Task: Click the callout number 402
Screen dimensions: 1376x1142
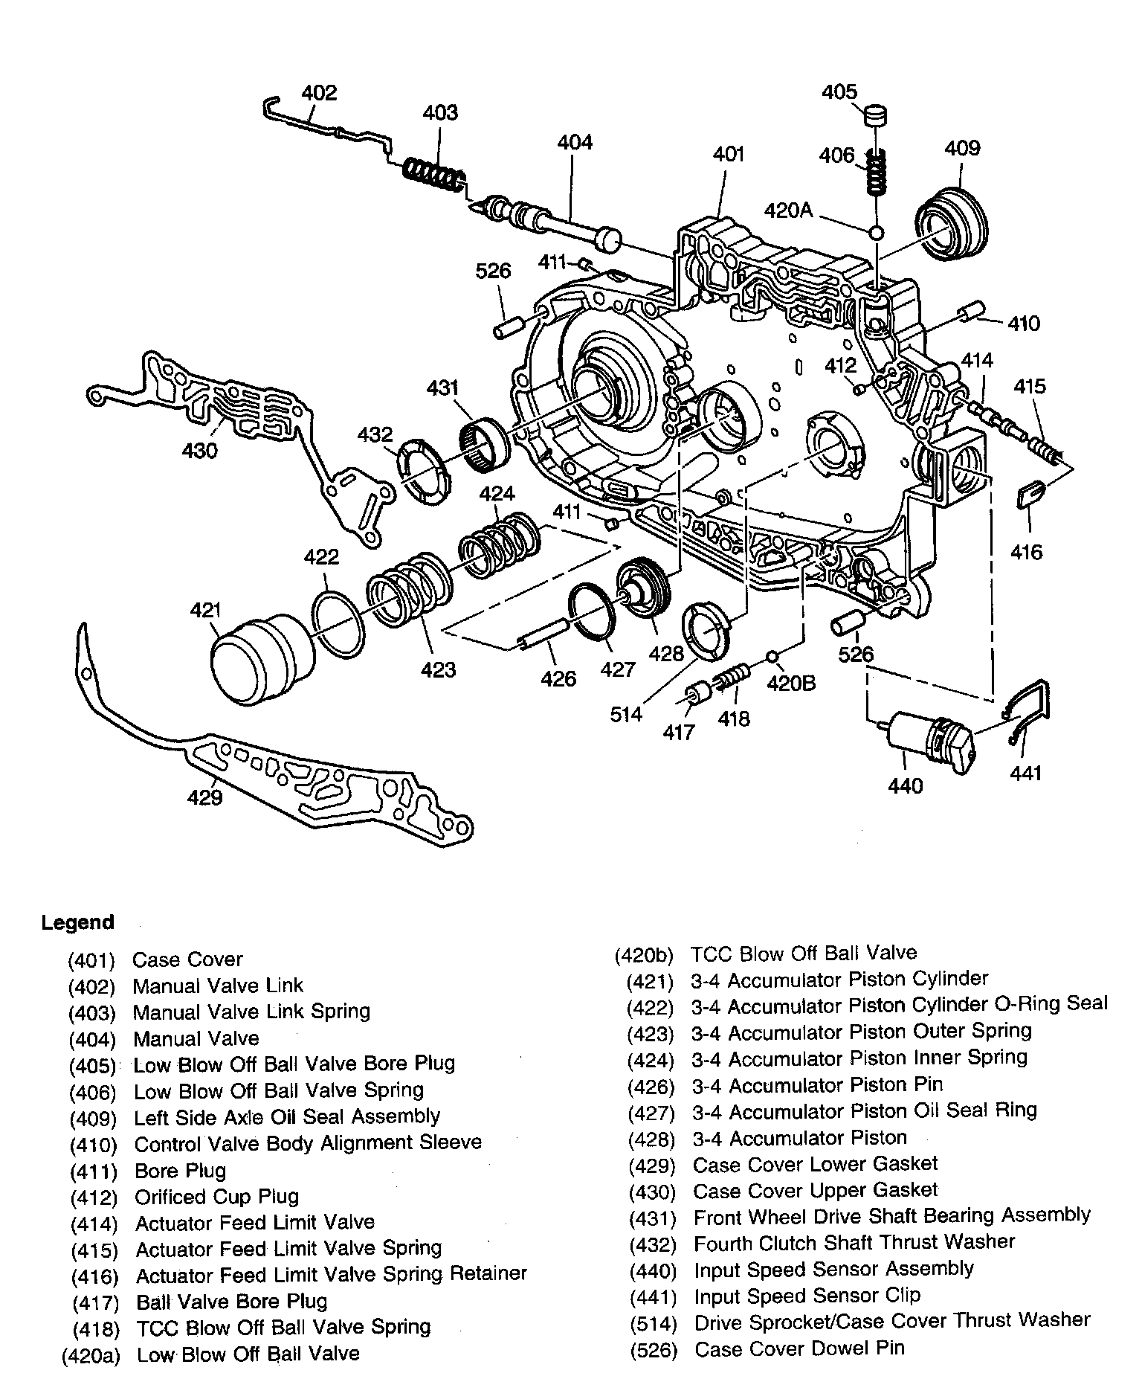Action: [x=319, y=93]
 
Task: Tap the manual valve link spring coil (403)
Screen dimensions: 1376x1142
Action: [x=435, y=177]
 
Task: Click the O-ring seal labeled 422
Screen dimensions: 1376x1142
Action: [x=338, y=623]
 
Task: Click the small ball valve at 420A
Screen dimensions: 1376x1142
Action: [x=877, y=233]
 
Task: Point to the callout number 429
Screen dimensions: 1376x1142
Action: [x=205, y=798]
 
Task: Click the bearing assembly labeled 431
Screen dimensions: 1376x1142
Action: [x=486, y=444]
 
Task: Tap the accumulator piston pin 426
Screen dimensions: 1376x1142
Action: [x=543, y=632]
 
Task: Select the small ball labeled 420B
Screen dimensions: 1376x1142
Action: [x=772, y=657]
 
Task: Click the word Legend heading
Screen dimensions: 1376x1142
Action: [x=77, y=922]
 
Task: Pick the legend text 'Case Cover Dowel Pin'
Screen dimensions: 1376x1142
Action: [x=799, y=1348]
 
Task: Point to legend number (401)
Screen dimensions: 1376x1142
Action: [x=91, y=960]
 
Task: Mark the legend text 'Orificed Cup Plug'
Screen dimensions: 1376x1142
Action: [x=216, y=1197]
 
